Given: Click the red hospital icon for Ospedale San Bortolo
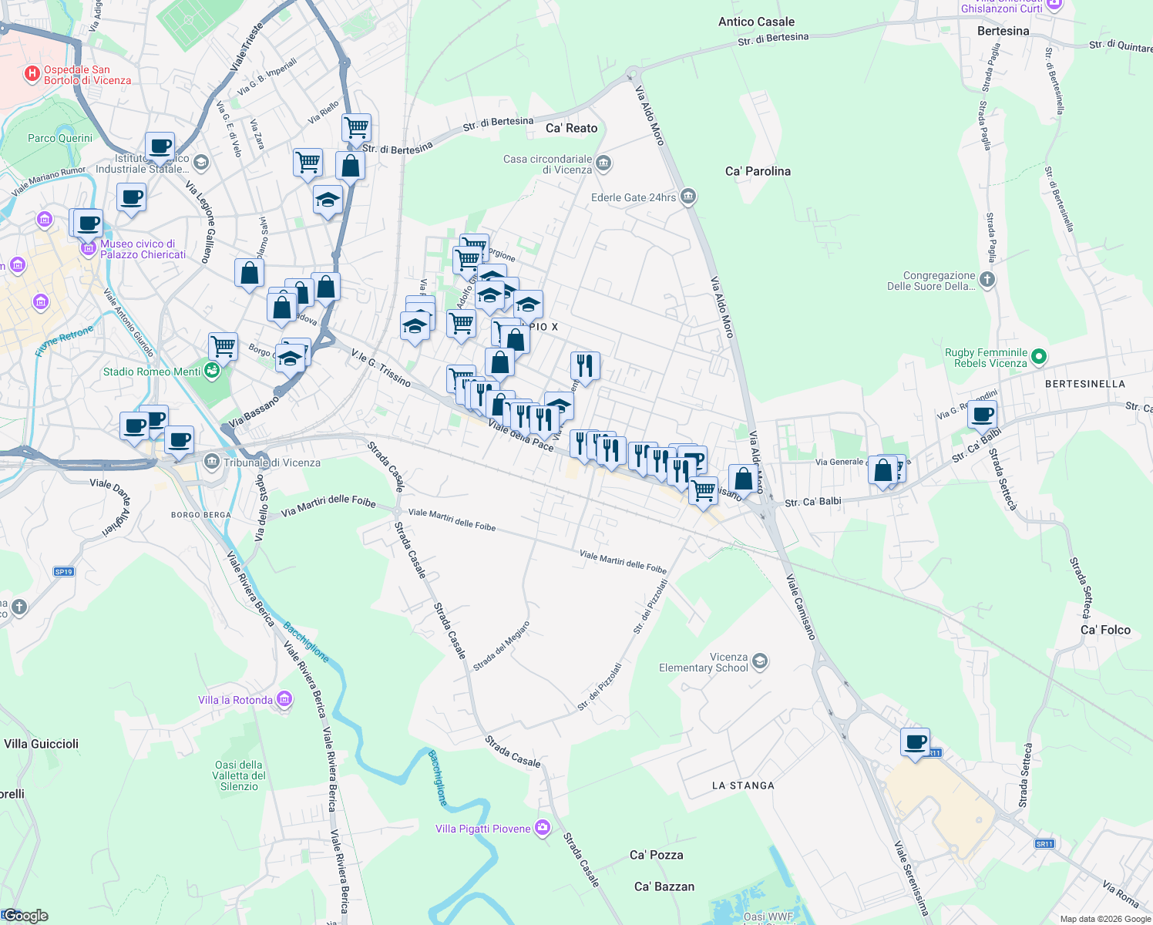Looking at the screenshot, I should point(32,74).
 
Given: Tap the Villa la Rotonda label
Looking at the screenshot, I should point(235,700).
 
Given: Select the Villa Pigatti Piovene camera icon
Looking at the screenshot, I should point(543,828).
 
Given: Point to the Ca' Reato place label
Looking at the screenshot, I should point(571,128).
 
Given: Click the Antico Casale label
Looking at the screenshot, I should point(756,22).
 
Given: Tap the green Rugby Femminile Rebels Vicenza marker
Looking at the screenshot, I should point(1039,356).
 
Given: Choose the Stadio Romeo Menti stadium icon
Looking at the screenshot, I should point(212,371).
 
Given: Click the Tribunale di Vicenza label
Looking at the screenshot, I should point(271,462).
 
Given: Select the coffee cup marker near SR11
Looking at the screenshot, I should point(915,743).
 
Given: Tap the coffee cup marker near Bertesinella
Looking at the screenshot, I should point(982,415).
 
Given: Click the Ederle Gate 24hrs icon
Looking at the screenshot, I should point(688,197).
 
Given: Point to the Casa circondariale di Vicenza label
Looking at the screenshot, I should point(547,164).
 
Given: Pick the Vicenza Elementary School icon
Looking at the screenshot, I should point(760,661).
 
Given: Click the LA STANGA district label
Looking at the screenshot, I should point(743,785).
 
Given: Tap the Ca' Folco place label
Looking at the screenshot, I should point(1105,630).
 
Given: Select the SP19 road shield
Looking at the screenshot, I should point(64,571).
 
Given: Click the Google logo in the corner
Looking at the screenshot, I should point(25,916).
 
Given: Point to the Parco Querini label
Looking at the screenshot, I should point(60,138).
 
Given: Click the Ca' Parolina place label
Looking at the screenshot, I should point(758,171).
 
